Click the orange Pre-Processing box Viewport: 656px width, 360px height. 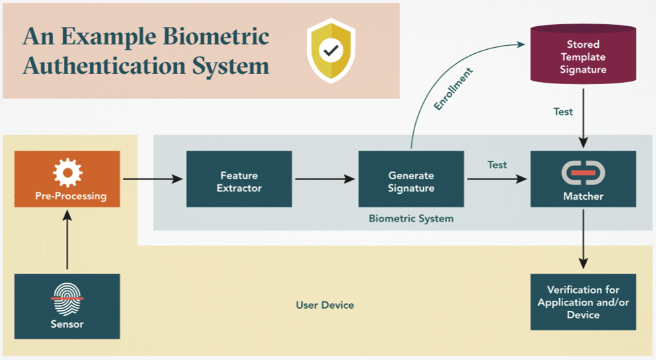point(67,179)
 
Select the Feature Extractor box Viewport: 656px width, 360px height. point(239,179)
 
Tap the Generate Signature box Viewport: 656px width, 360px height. point(410,179)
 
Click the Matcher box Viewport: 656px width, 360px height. point(583,179)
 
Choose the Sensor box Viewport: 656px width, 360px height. point(67,306)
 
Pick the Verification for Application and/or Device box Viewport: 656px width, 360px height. point(583,302)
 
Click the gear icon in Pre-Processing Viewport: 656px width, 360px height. point(67,172)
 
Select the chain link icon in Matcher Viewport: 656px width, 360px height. point(583,173)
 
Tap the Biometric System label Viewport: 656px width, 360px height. point(410,219)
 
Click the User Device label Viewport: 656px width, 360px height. point(325,305)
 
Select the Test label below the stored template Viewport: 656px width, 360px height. point(563,112)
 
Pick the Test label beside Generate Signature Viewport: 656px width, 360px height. point(497,165)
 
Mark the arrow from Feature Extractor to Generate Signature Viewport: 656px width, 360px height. point(324,179)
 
